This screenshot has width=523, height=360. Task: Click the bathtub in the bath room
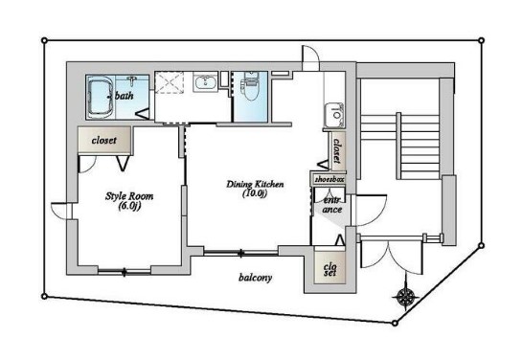[101, 98]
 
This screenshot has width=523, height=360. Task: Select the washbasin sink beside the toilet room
[205, 82]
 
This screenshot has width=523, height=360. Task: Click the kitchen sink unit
[334, 115]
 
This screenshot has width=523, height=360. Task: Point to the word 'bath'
[125, 96]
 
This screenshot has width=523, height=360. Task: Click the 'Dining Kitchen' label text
[255, 184]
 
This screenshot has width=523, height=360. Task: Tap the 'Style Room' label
[129, 196]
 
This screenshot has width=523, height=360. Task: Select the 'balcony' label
[255, 278]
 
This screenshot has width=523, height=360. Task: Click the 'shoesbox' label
[330, 180]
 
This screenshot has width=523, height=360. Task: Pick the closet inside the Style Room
[104, 140]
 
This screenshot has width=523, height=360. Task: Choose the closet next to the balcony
[330, 267]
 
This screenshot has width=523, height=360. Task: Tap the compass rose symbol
[405, 296]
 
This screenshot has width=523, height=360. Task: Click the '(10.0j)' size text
[255, 193]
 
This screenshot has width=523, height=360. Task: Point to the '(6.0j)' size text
[129, 206]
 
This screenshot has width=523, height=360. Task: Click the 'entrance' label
[332, 205]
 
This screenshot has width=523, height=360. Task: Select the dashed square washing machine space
[170, 82]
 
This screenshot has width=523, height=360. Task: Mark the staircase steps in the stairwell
[418, 146]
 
